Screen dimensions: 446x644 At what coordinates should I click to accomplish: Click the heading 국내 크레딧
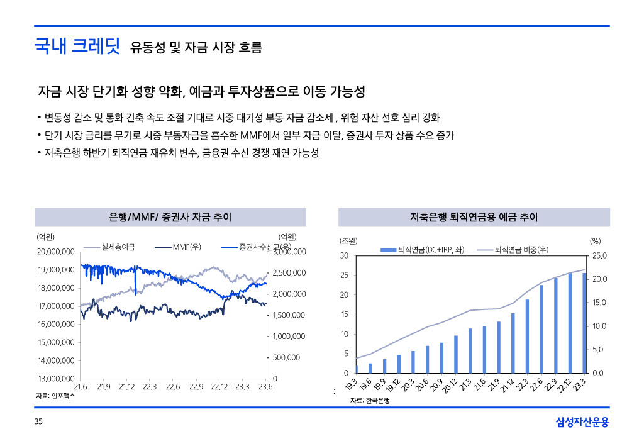[x=77, y=46]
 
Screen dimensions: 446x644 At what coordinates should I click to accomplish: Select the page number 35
[x=38, y=422]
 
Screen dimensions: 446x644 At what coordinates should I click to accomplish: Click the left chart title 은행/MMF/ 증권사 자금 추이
[x=170, y=218]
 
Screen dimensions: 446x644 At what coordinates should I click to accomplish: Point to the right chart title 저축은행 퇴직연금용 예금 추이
[x=474, y=218]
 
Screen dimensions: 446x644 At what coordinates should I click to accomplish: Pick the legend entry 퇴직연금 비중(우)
[x=521, y=250]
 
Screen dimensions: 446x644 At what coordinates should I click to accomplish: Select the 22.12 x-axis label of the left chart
[x=219, y=387]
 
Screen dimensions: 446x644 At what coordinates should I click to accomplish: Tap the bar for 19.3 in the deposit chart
[x=357, y=369]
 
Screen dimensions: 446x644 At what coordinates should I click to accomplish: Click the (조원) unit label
[x=348, y=241]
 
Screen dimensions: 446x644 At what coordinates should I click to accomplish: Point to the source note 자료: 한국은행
[x=370, y=401]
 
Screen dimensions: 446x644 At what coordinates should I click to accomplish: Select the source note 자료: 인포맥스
[x=55, y=397]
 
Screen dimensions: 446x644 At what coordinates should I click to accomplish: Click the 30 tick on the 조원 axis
[x=343, y=255]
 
